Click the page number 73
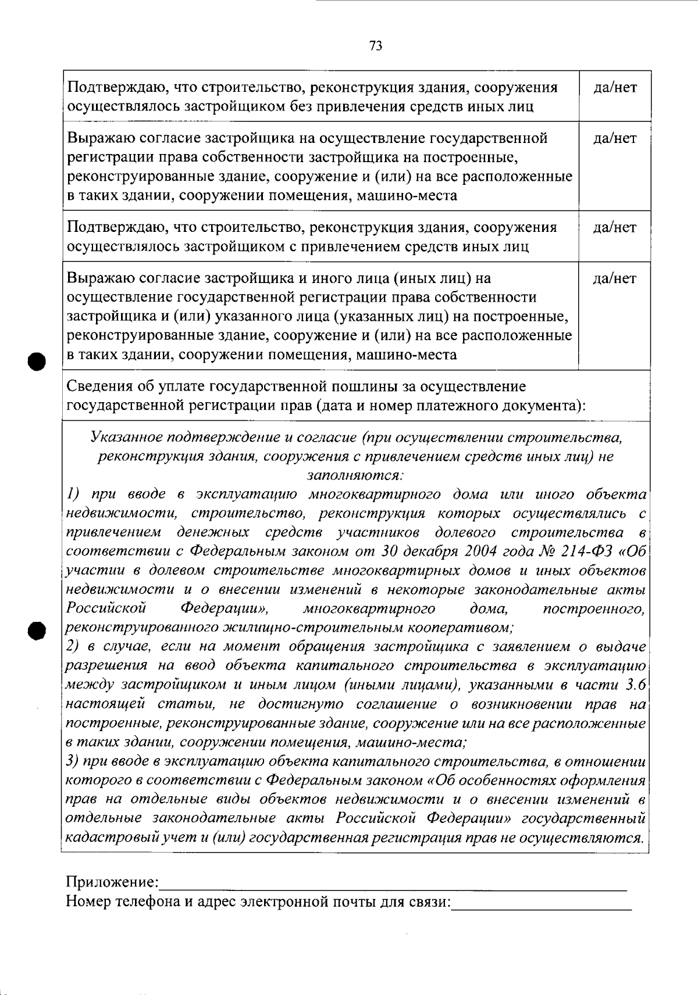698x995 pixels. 376,46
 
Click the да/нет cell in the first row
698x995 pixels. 614,88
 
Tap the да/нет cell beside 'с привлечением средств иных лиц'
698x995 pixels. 614,228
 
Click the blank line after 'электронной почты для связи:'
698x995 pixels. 542,904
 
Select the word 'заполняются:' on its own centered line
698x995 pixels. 355,475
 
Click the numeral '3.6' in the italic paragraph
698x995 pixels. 635,685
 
